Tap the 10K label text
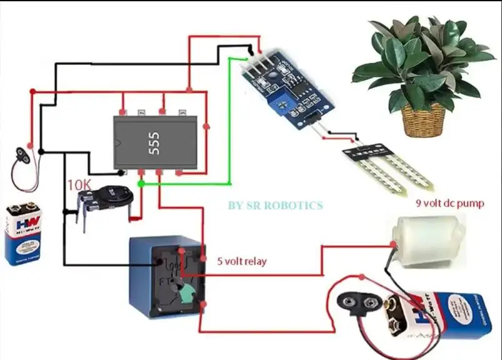point(79,185)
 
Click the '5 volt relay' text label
point(241,261)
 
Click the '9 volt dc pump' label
point(449,203)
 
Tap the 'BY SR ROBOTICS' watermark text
point(275,205)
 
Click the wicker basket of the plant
point(423,119)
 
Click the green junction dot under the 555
point(141,184)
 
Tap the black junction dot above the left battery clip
point(41,151)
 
